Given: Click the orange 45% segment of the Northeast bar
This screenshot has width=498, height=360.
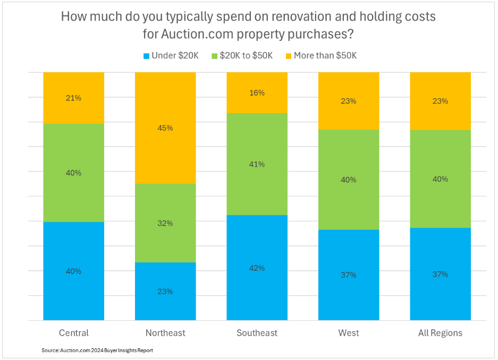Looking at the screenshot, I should tap(165, 127).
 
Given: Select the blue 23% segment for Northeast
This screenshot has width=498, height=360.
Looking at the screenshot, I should tap(165, 291).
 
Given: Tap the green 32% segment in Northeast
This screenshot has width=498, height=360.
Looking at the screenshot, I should tap(165, 223).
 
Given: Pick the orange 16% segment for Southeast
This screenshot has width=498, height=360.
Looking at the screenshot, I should tap(257, 92).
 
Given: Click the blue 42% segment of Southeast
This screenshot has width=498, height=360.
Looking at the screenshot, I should tap(257, 268).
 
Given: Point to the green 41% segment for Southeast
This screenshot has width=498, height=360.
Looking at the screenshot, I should tap(257, 164).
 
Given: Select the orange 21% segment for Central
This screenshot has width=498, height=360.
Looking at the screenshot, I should tap(73, 98).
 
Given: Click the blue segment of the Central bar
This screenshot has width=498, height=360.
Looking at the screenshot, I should tap(73, 271).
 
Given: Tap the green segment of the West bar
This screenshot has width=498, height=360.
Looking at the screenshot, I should tap(349, 179).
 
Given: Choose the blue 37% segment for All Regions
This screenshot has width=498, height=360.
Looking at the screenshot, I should tap(440, 274).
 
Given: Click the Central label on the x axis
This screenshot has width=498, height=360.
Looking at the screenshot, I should tap(73, 333).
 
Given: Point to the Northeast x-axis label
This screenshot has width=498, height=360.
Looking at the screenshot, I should tap(165, 333).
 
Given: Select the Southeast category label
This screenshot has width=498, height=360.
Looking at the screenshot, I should tap(257, 333).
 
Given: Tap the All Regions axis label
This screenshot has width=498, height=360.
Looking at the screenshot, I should tap(440, 333).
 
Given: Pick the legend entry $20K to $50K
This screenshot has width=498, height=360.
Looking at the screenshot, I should tap(244, 56).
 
